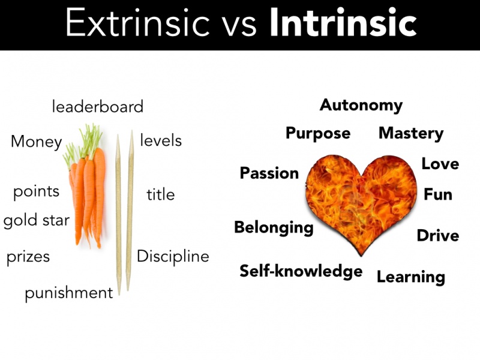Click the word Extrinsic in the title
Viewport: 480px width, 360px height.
click(x=137, y=23)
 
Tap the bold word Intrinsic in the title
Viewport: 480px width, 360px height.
click(x=343, y=23)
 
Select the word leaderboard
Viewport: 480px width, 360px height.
click(x=98, y=107)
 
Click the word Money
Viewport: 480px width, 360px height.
click(x=37, y=142)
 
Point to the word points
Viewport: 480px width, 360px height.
click(x=36, y=192)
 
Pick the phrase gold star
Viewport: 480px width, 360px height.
click(x=37, y=220)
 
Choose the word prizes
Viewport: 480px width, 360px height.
click(x=28, y=257)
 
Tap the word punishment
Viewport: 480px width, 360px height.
click(x=69, y=293)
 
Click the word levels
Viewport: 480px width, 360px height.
click(x=161, y=140)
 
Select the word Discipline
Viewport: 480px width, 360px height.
click(x=173, y=257)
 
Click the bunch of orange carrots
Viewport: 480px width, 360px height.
click(x=87, y=196)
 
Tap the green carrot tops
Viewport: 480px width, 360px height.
click(x=83, y=144)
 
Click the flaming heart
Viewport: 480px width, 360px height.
click(x=361, y=202)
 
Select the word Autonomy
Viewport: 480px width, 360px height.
click(x=361, y=106)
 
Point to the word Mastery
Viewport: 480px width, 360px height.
click(x=411, y=133)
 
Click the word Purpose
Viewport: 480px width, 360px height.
click(x=318, y=133)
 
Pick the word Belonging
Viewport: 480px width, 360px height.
click(x=274, y=228)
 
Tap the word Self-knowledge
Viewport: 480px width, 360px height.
click(x=301, y=272)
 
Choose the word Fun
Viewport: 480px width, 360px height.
click(x=438, y=194)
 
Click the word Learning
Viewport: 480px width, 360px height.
click(x=411, y=277)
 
